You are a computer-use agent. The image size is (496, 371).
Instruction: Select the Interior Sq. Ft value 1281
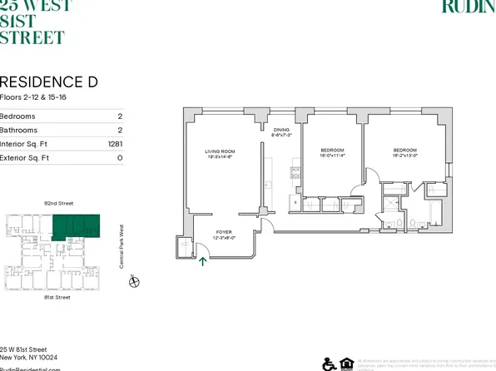pyautogui.click(x=114, y=144)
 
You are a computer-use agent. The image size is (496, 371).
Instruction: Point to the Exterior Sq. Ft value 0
pyautogui.click(x=121, y=157)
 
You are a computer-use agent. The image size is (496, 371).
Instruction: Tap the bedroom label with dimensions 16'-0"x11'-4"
pyautogui.click(x=333, y=154)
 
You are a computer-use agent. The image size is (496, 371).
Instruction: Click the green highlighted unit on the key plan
pyautogui.click(x=77, y=226)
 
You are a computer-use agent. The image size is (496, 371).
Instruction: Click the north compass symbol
pyautogui.click(x=134, y=281)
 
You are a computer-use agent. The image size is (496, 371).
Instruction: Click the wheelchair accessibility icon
pyautogui.click(x=328, y=364)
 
